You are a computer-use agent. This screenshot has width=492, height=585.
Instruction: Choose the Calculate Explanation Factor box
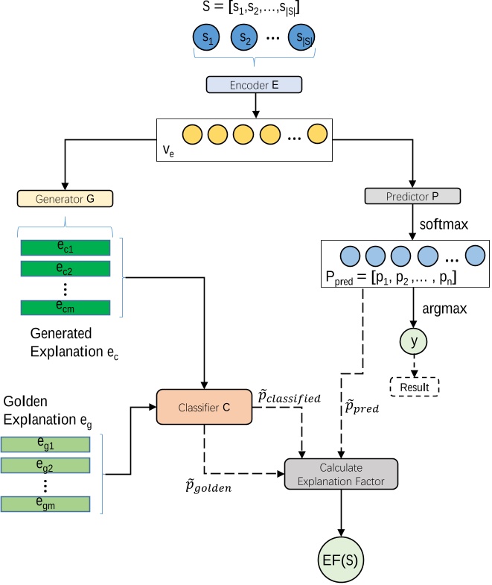pos(342,475)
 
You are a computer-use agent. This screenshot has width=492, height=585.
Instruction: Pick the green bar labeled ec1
pos(66,247)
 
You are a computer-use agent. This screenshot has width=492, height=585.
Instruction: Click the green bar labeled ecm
pos(66,307)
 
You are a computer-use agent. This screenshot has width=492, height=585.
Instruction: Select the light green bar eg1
pos(45,445)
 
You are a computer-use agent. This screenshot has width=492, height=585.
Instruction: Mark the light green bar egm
pos(45,503)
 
